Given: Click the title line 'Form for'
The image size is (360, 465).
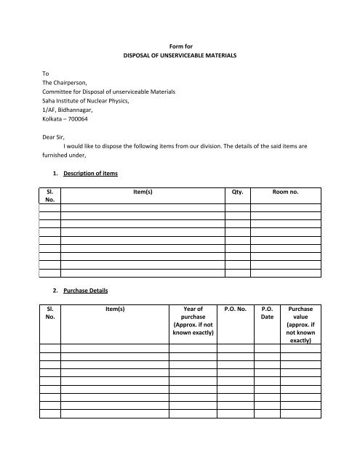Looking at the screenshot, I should pos(179,46).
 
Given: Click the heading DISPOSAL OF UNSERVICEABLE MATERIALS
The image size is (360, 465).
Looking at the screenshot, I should pos(179,55).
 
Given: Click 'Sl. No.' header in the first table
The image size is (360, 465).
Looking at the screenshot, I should pos(49,198).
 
